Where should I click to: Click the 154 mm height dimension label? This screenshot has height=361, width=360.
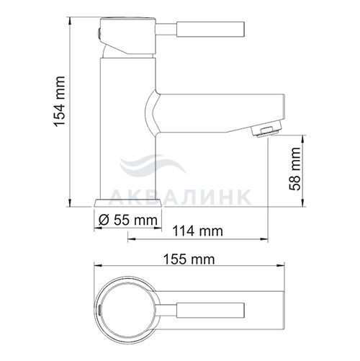point(59,102)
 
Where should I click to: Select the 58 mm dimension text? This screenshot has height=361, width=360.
point(294,169)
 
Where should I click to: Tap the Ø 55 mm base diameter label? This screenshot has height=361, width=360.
point(128,220)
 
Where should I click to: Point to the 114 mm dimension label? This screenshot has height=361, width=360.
point(198,231)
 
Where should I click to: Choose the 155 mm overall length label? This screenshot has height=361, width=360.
point(189,259)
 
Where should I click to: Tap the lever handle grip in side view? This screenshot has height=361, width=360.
point(210,30)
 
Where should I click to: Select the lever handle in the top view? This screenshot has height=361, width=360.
point(210,311)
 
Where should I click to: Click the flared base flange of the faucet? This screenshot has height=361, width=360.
point(128,203)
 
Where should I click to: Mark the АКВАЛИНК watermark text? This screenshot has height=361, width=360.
point(181,197)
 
